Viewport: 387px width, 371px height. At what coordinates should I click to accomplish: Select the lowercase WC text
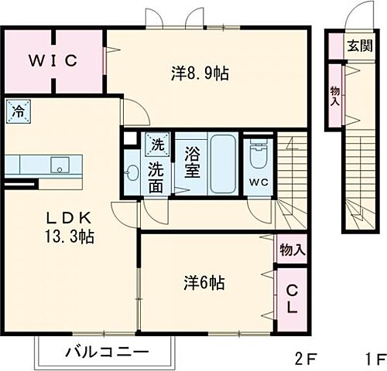(258, 183)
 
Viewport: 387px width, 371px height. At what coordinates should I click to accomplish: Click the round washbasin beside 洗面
(132, 172)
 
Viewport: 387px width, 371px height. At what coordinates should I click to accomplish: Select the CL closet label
(293, 298)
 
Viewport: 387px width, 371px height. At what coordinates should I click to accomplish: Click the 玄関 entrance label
(358, 44)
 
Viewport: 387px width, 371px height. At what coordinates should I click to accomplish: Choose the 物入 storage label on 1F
(334, 96)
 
